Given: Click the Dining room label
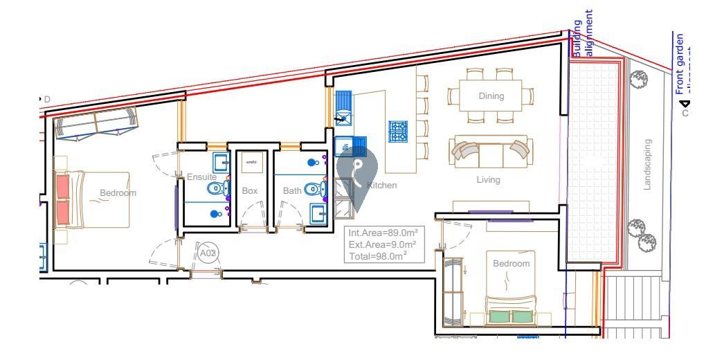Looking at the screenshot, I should click(491, 96).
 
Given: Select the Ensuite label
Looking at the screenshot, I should click(201, 177).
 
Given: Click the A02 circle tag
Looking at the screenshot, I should click(208, 253).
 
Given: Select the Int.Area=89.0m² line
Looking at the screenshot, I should click(382, 234).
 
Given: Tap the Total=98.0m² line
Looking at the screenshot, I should click(377, 255).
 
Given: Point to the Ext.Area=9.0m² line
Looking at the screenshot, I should click(382, 245).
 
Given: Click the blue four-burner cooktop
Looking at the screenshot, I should click(397, 131).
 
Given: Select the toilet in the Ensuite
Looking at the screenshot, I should click(217, 188).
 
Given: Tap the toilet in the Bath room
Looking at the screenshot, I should click(314, 188).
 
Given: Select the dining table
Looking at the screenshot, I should click(491, 96).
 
